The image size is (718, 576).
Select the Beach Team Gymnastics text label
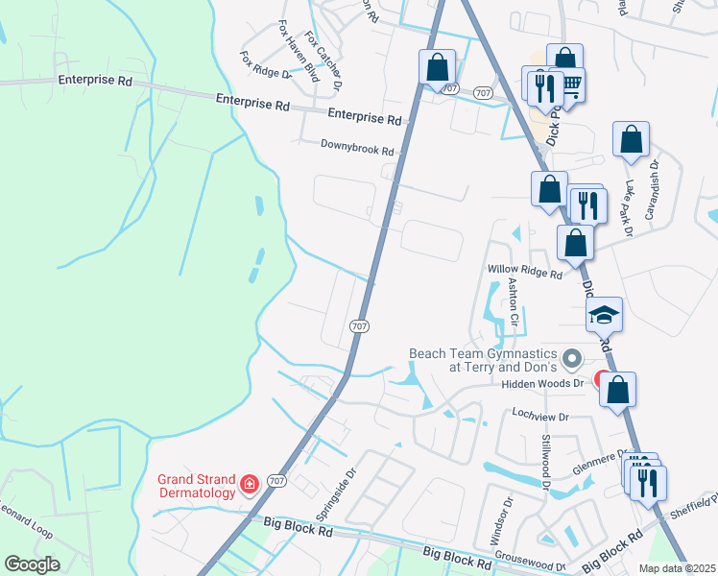tap(481, 360)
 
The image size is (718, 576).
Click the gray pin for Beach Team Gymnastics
tap(572, 360)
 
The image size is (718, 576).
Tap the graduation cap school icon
tap(605, 314)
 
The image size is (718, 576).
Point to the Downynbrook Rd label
tap(357, 151)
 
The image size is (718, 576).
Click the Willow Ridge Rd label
tap(524, 274)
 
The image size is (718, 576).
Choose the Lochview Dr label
tap(540, 418)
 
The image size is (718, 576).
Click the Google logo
tap(32, 564)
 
